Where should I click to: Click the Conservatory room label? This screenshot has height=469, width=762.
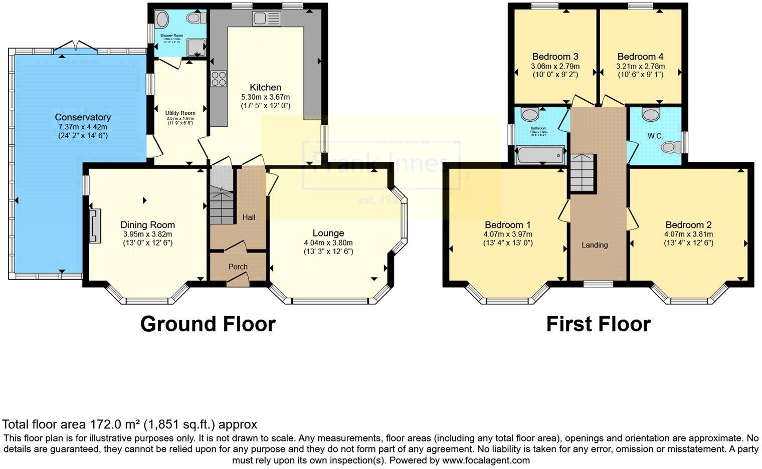[83, 117]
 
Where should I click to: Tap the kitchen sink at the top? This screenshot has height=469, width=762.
[266, 19]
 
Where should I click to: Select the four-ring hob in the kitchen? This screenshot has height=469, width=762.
[219, 79]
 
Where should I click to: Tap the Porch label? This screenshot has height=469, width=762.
[238, 267]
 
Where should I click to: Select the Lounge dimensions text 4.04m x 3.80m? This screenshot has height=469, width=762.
[328, 243]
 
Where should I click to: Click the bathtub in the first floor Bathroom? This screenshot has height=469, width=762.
[540, 155]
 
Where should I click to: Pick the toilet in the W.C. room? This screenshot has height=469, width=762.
[669, 147]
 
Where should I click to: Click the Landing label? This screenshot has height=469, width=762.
[595, 245]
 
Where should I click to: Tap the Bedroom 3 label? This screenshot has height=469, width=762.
[555, 57]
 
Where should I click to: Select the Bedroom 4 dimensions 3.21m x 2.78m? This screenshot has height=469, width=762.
[640, 66]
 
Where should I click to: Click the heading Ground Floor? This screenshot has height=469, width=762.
[208, 324]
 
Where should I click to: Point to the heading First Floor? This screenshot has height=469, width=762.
[598, 324]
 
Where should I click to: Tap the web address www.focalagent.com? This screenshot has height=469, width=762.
[486, 460]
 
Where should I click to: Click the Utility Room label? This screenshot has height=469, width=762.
[180, 113]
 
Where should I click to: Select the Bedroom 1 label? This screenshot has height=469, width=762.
[507, 225]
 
